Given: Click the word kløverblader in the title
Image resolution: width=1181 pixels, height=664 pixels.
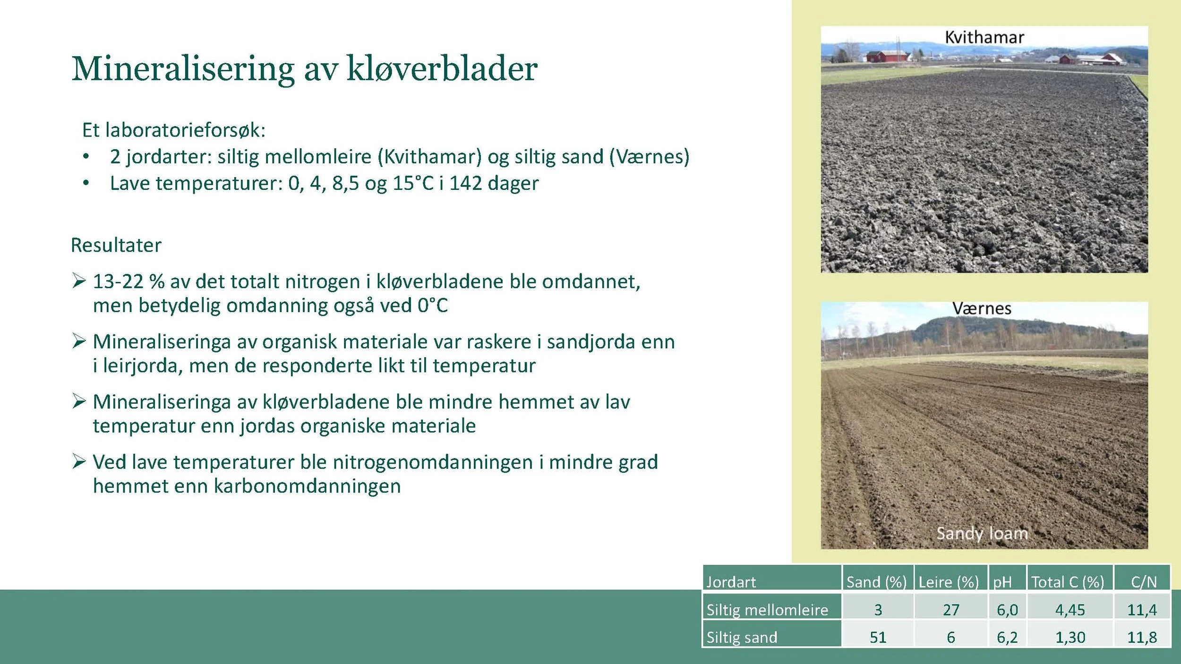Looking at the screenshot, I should [442, 69].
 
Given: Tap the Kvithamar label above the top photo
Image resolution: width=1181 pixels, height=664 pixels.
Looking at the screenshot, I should [984, 37].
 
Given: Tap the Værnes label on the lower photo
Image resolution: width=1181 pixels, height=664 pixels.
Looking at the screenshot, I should [982, 309].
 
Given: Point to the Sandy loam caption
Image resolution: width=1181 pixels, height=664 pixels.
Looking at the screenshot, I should [982, 533].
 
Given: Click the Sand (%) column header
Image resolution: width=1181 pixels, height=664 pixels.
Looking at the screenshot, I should [876, 582].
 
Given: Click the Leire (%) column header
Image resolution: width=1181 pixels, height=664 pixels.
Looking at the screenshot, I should [949, 582].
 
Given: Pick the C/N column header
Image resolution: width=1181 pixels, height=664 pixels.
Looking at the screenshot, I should [1144, 582].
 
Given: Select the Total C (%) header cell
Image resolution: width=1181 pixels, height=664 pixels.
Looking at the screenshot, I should [1068, 582].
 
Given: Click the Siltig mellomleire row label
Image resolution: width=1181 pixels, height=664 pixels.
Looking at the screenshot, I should [767, 610].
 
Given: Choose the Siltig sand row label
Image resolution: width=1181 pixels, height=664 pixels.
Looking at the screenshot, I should [742, 637].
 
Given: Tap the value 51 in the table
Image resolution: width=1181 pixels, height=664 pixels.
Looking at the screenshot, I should [878, 637].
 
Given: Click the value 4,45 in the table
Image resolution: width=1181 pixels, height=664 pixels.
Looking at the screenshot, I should [1070, 610].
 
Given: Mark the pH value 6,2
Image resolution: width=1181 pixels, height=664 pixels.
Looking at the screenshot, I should [1007, 637].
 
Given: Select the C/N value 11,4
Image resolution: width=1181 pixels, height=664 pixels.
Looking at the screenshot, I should [1142, 610].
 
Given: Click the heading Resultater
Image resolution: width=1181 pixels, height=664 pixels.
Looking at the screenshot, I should [116, 245].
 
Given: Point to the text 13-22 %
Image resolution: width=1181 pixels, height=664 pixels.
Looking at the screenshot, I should [128, 281].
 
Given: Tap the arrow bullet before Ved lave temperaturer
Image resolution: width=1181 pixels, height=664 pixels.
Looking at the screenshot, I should [79, 461].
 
